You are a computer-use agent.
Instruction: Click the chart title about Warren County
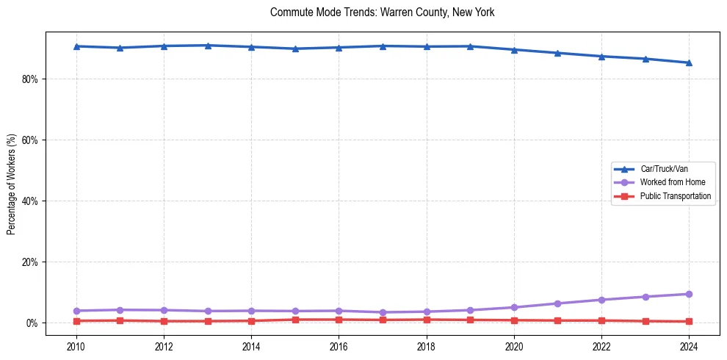383,12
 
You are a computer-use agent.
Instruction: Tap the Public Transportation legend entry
675,196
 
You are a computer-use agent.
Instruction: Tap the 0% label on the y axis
32,323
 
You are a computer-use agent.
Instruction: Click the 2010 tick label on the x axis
76,345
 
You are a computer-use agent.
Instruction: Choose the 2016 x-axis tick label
339,345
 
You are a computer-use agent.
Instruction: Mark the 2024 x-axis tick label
689,345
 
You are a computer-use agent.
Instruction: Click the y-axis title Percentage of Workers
11,184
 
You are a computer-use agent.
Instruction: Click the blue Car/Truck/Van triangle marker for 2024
689,62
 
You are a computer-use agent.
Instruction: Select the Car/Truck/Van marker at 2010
76,46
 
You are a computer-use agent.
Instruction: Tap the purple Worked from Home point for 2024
689,294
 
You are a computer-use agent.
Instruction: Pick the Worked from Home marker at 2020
514,307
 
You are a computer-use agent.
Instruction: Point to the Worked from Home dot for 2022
601,300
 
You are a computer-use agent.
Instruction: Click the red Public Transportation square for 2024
689,321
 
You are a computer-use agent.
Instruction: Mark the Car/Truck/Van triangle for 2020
514,50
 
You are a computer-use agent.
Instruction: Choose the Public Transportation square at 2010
76,321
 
